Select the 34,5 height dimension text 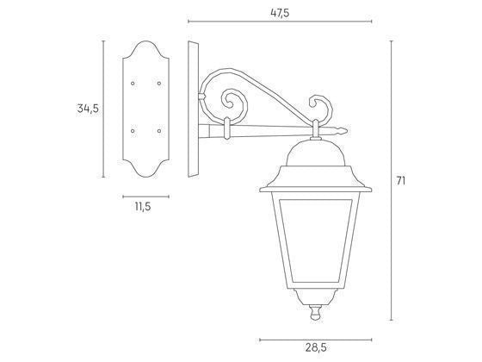pyautogui.click(x=88, y=108)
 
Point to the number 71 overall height pyautogui.click(x=400, y=180)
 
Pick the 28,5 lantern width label pyautogui.click(x=315, y=347)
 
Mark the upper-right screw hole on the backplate pyautogui.click(x=158, y=84)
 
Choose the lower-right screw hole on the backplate pyautogui.click(x=158, y=130)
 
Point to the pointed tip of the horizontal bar pyautogui.click(x=345, y=132)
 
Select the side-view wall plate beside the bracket pyautogui.click(x=192, y=108)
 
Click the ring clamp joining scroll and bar pyautogui.click(x=226, y=128)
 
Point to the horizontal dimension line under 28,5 pyautogui.click(x=315, y=337)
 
